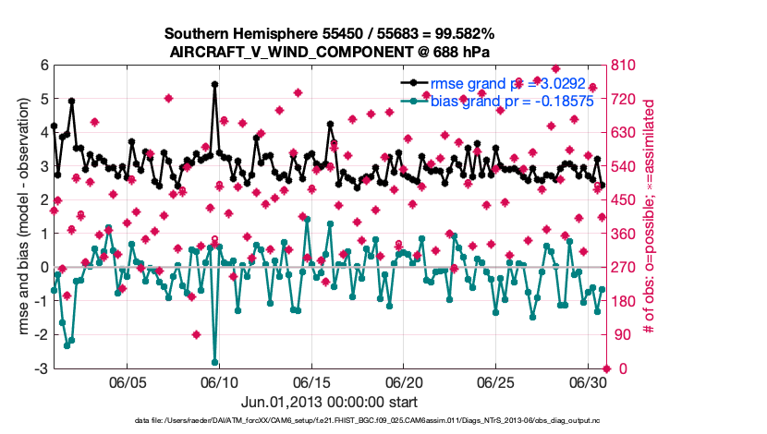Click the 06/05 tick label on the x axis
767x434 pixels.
[x=128, y=381]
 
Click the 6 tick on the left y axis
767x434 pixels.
[x=43, y=66]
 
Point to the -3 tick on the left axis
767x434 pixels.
[x=41, y=368]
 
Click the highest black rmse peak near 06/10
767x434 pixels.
[x=214, y=84]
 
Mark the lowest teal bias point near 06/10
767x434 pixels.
[x=214, y=362]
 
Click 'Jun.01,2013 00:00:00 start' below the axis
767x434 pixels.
[x=328, y=402]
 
